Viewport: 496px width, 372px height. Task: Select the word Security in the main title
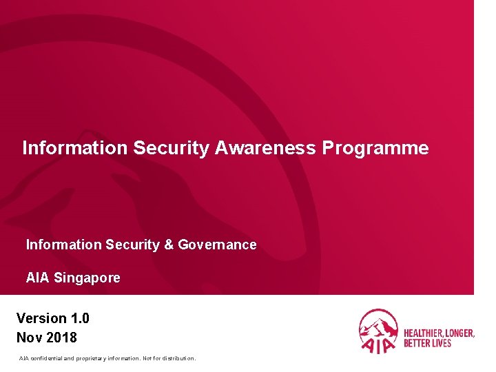172,148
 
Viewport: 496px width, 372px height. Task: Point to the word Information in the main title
75,148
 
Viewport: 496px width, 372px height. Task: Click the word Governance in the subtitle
217,245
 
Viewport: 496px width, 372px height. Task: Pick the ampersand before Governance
169,245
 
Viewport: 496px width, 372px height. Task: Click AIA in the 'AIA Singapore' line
37,278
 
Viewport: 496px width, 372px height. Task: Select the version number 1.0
79,318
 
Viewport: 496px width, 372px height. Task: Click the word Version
41,318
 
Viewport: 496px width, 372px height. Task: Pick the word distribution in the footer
177,358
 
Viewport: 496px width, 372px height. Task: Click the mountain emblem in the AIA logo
378,323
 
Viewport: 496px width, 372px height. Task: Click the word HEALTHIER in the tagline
424,333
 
